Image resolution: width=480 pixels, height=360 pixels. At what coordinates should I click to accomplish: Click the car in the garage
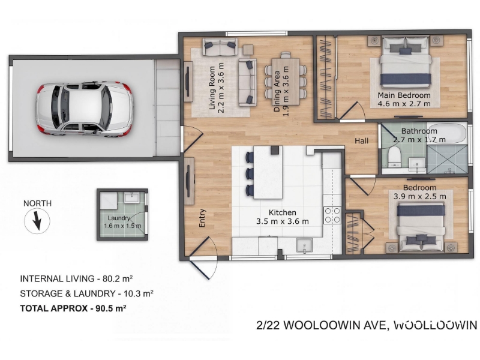85,109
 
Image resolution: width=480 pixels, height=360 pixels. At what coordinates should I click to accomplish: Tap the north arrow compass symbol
37,220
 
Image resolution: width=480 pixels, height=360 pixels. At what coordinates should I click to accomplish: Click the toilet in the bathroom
394,155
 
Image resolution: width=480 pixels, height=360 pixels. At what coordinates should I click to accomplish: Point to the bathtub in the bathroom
446,133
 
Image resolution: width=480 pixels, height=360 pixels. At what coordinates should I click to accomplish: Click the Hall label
362,141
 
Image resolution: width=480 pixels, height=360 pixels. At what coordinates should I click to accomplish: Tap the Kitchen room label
282,212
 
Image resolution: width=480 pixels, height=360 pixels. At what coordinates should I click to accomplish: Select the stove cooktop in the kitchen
332,215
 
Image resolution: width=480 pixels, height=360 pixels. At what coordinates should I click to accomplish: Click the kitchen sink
305,245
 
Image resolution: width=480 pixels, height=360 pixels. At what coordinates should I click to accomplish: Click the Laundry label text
119,218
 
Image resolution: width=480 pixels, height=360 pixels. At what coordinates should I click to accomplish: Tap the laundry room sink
132,197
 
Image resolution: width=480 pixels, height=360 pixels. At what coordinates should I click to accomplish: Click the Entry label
202,218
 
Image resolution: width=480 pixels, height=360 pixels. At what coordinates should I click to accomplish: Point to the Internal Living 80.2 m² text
76,278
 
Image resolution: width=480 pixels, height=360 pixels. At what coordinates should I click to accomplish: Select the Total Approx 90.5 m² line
73,308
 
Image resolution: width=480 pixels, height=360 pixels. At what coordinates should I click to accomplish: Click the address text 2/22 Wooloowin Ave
322,325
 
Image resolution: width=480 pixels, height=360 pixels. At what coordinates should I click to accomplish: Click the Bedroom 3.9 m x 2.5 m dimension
419,196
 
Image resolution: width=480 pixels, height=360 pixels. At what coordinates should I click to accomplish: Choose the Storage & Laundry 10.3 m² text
86,293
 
